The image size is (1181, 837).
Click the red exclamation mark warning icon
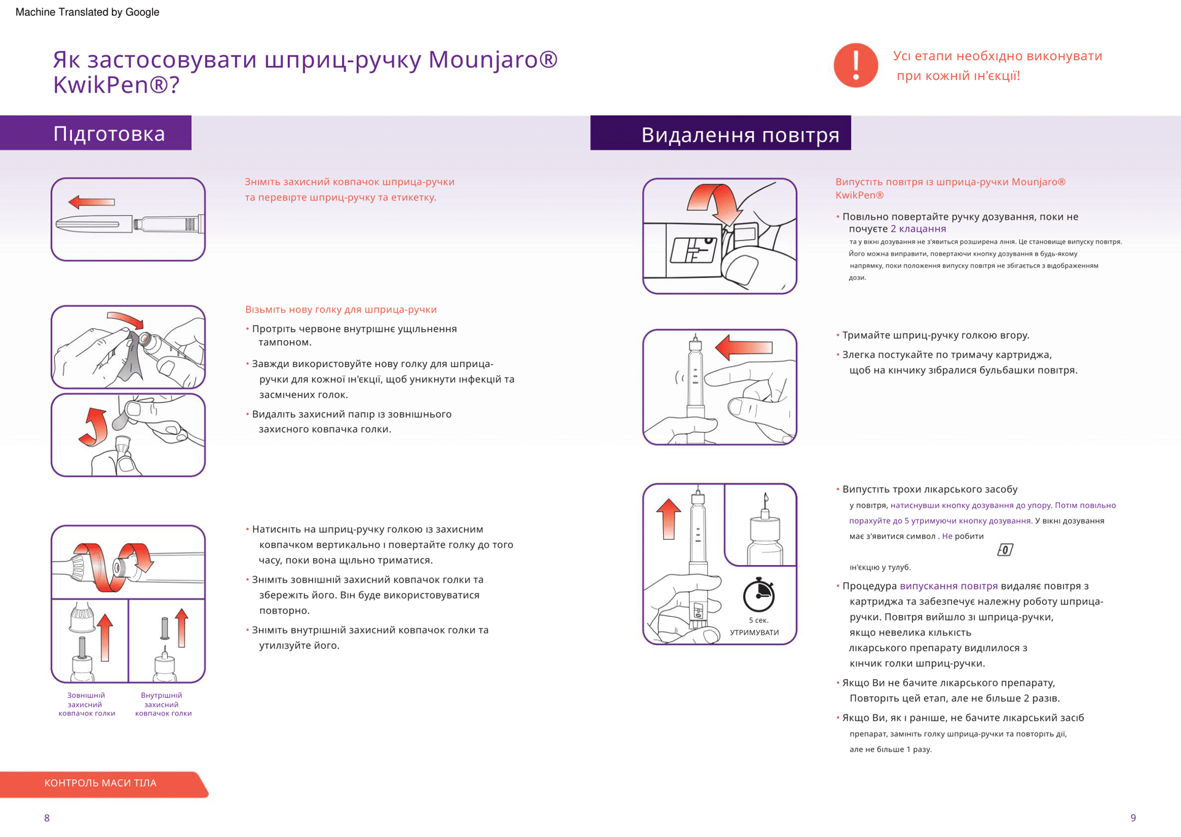[x=855, y=65]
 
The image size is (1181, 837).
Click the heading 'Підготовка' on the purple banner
[x=109, y=133]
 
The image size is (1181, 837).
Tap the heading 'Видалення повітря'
[x=740, y=134]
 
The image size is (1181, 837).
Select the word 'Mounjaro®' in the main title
[x=493, y=60]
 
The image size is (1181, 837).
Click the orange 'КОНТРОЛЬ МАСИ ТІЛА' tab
[x=101, y=783]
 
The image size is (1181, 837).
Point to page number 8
[x=47, y=818]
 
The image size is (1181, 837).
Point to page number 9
[x=1133, y=818]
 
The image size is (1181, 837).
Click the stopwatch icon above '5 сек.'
[x=758, y=595]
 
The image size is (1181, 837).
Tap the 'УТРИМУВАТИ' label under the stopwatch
[x=754, y=632]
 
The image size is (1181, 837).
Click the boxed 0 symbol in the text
[x=1004, y=550]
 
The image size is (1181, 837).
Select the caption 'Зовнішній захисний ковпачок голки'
[x=87, y=704]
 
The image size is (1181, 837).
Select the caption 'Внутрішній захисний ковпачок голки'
[x=163, y=704]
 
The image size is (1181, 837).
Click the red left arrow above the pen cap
[x=92, y=202]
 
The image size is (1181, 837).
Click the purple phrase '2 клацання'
[x=918, y=229]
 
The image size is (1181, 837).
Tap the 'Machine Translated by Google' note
[x=87, y=12]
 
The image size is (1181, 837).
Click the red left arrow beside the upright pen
[x=744, y=347]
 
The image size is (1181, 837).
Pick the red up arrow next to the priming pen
[x=669, y=518]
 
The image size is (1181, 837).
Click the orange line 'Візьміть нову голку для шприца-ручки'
[x=341, y=309]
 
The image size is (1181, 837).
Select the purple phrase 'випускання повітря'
[x=948, y=586]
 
